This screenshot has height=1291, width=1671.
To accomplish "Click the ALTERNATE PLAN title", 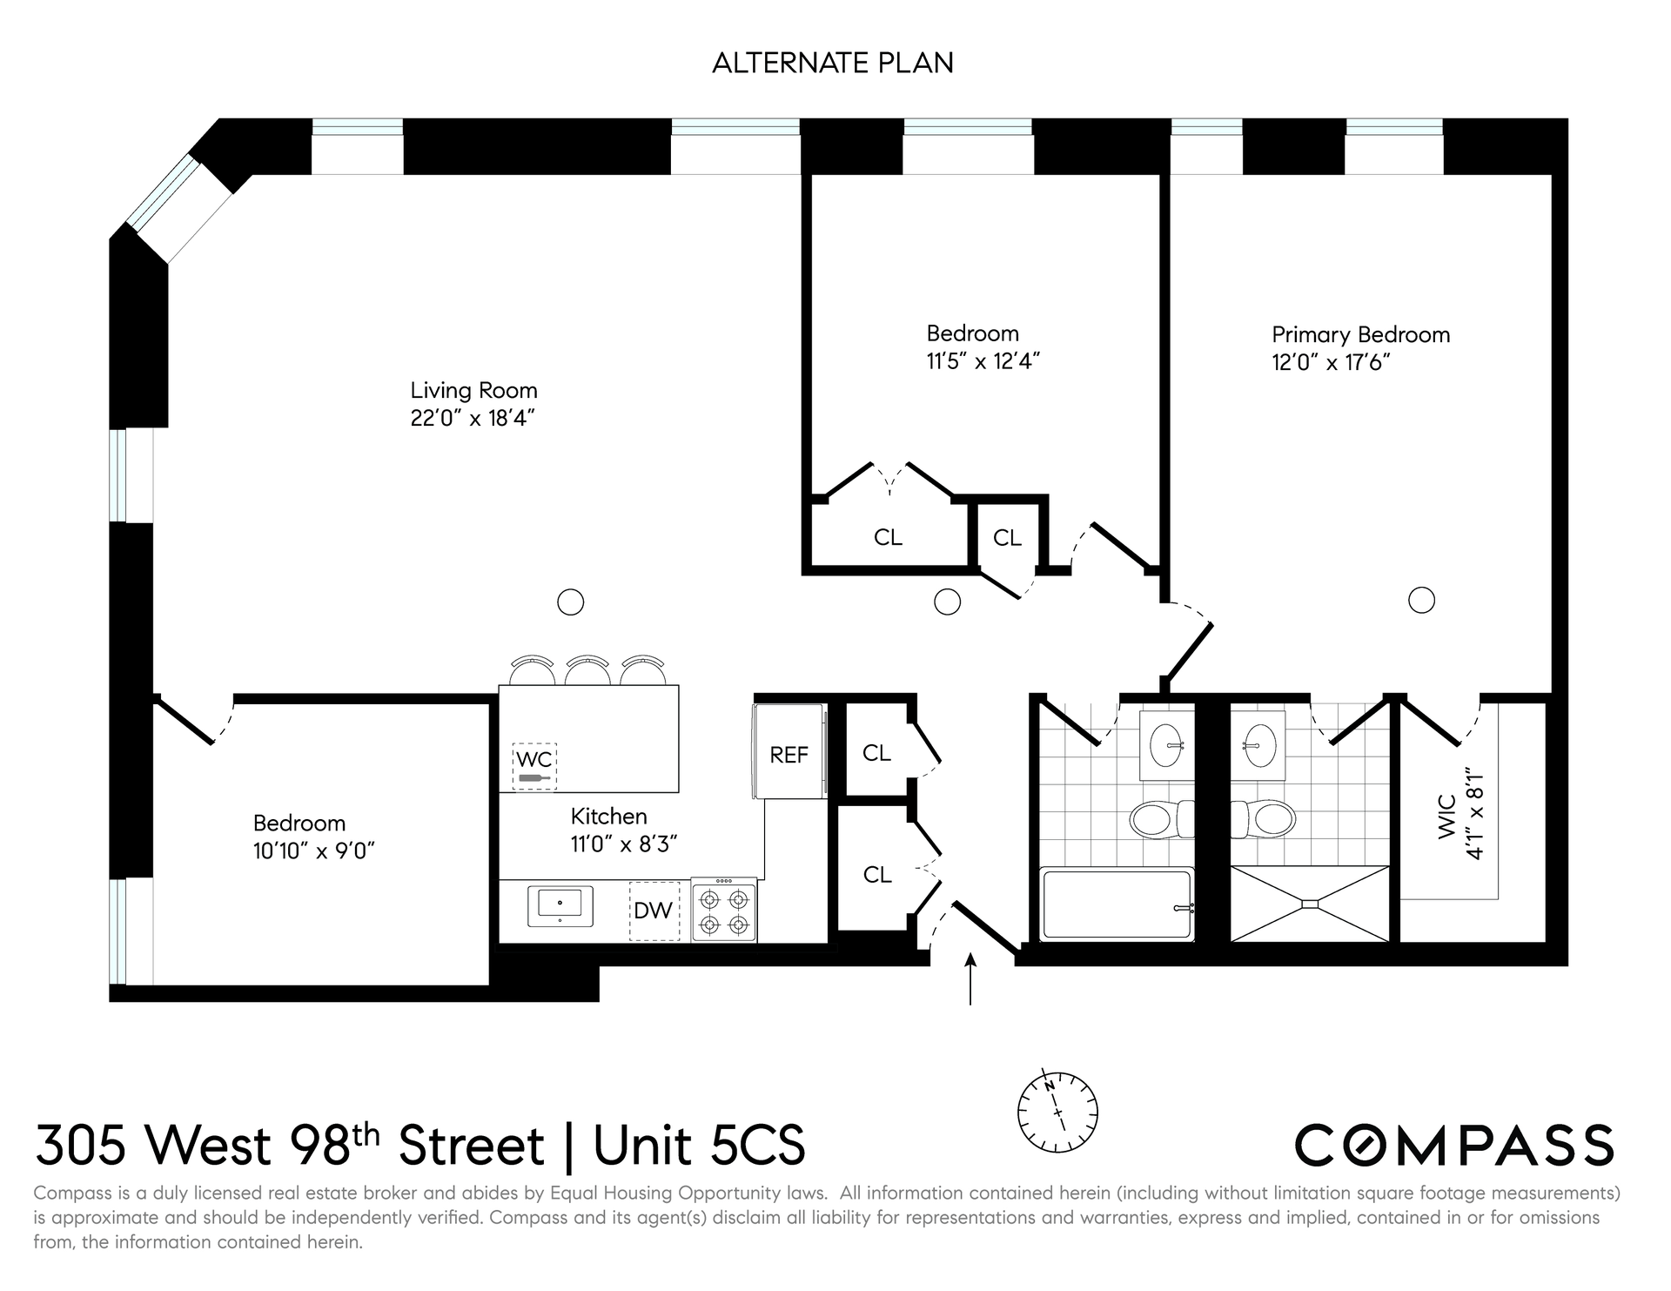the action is click(x=833, y=63).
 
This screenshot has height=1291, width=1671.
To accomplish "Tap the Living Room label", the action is click(x=473, y=390).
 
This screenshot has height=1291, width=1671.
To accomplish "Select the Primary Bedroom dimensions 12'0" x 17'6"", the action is click(x=1331, y=362).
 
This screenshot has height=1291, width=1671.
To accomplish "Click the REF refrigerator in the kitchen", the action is click(x=789, y=750).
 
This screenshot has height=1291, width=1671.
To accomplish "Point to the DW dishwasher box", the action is click(x=654, y=911).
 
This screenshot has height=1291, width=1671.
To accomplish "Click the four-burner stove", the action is click(x=724, y=910).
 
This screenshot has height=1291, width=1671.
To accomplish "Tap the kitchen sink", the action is click(x=560, y=907).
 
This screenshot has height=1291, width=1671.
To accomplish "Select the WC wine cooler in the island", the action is click(x=534, y=766).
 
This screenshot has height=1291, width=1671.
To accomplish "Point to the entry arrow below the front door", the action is click(x=970, y=978).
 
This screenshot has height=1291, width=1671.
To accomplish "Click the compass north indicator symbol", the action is click(x=1057, y=1112).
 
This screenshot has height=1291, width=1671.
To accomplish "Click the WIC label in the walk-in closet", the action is click(x=1447, y=817).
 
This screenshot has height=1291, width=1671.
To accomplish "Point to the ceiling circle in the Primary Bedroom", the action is click(x=1421, y=600).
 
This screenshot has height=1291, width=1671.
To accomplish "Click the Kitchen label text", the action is click(x=609, y=816).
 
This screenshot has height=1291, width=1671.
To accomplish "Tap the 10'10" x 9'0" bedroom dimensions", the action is click(x=314, y=851).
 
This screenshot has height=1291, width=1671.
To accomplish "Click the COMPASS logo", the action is click(x=1454, y=1145).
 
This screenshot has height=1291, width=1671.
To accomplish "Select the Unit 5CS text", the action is click(x=700, y=1145).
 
